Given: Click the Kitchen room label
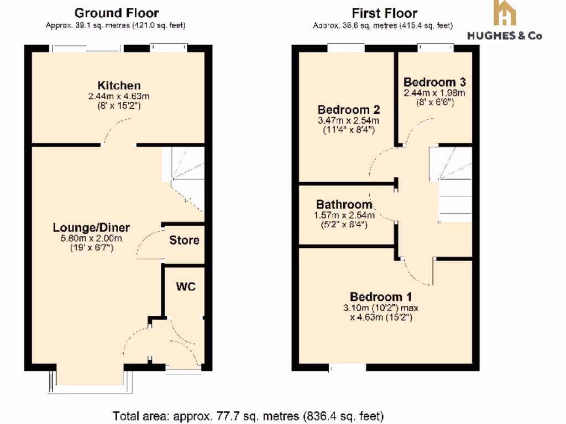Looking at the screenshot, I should tap(119, 86).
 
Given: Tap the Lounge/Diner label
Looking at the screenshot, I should tap(91, 227).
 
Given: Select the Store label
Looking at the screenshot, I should tap(184, 241).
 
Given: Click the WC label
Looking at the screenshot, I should tap(185, 287).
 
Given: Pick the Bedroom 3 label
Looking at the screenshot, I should tap(434, 82).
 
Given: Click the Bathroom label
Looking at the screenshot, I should tap(344, 204).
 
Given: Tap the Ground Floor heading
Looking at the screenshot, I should tap(116, 13).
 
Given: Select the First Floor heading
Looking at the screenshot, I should tap(384, 13).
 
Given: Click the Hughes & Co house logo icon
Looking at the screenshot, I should tap(505, 13).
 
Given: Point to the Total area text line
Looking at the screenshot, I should tap(248, 415).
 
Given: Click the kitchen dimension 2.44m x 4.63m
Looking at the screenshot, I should tap(119, 96).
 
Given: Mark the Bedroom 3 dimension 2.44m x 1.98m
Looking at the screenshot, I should tap(434, 93).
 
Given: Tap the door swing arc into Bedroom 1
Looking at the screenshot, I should tap(417, 273).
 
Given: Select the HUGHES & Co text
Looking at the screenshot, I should tap(505, 36).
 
